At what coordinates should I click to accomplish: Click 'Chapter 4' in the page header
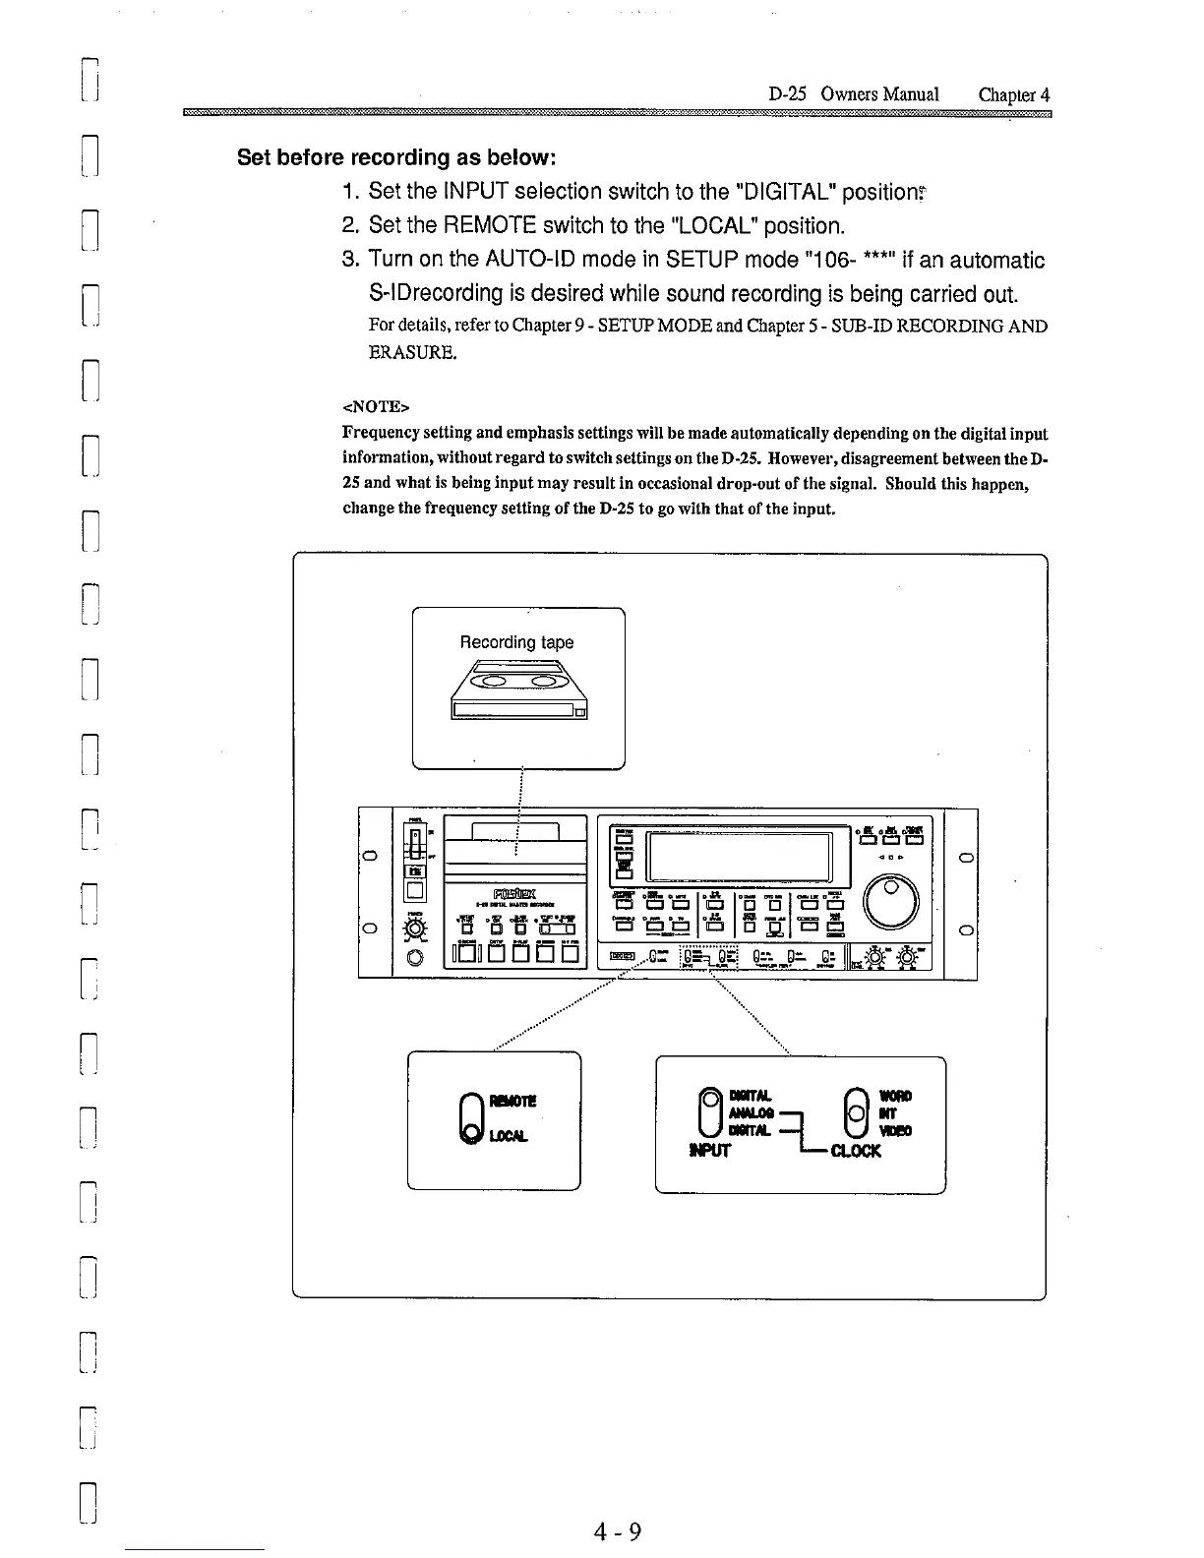[1014, 94]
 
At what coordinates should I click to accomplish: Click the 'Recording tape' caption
[516, 642]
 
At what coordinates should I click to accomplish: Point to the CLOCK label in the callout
[855, 1150]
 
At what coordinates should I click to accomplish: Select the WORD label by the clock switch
[895, 1096]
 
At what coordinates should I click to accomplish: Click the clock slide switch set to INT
[857, 1112]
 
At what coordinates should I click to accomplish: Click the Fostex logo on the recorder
[515, 893]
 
